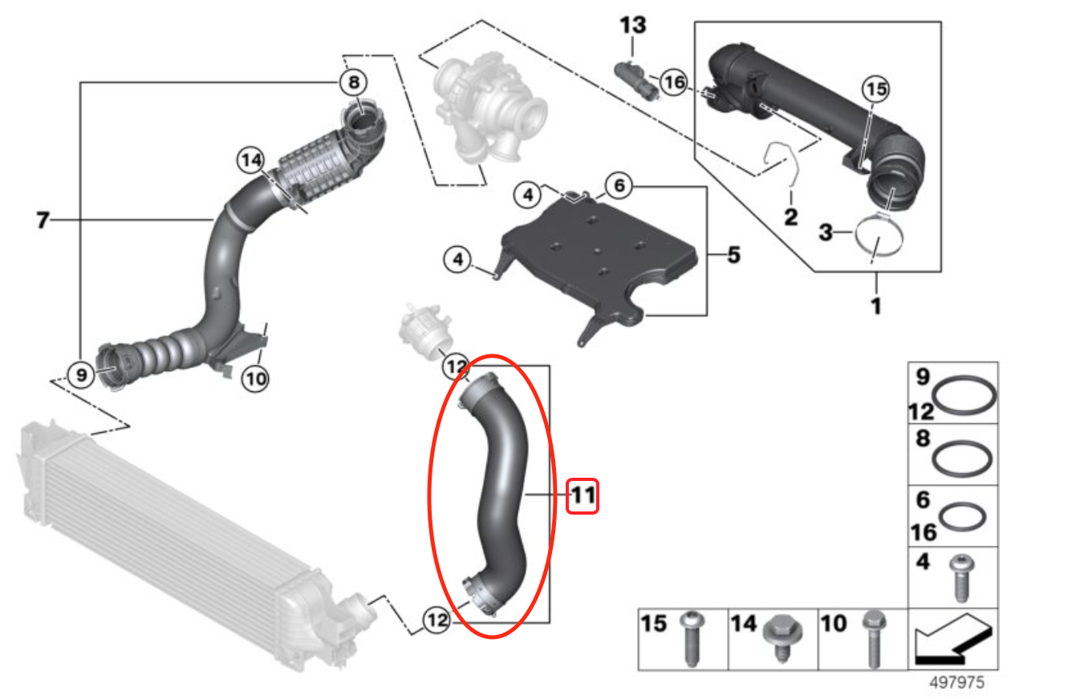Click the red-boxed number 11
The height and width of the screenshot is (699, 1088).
pos(583,497)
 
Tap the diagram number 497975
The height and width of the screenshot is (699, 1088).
pos(956,683)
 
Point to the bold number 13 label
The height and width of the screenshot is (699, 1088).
pos(632,25)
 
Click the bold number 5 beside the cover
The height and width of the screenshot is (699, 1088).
pos(733,256)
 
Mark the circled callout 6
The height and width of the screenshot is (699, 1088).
pos(618,187)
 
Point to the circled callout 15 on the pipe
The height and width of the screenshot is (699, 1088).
pos(876,90)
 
